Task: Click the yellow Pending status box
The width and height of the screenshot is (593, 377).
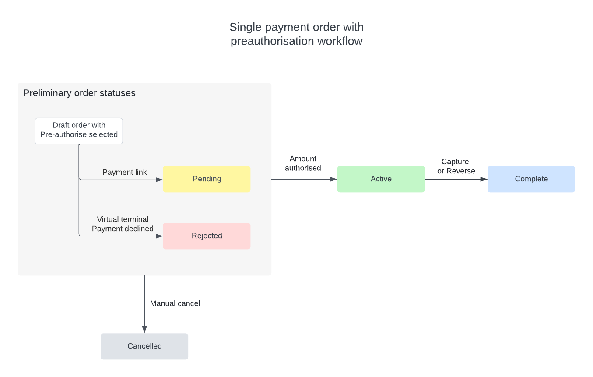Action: click(x=207, y=179)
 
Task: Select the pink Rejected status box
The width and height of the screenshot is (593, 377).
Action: click(x=207, y=236)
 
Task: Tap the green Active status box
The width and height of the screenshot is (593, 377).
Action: click(x=381, y=179)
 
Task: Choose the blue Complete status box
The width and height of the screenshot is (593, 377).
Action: click(x=531, y=179)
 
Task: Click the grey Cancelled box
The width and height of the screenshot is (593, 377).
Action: click(x=144, y=346)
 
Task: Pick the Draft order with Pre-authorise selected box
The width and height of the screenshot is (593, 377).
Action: click(x=79, y=131)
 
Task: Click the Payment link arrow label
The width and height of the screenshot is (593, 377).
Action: click(x=124, y=172)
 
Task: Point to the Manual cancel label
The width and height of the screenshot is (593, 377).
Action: click(x=175, y=303)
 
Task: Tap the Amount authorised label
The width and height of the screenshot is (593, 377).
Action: click(x=303, y=163)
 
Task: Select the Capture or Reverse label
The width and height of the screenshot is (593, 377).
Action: click(x=456, y=166)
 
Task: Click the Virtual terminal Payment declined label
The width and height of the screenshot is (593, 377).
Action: click(x=123, y=224)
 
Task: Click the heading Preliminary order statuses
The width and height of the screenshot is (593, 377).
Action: click(x=79, y=93)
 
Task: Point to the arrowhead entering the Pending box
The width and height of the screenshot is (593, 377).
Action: click(x=159, y=180)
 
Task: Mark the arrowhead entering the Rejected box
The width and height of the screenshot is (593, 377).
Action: click(x=159, y=236)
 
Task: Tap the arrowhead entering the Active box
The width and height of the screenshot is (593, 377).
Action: click(x=334, y=180)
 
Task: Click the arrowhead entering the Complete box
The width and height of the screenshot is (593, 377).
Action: click(x=484, y=180)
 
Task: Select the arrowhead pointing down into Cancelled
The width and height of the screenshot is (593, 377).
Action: click(x=144, y=330)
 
